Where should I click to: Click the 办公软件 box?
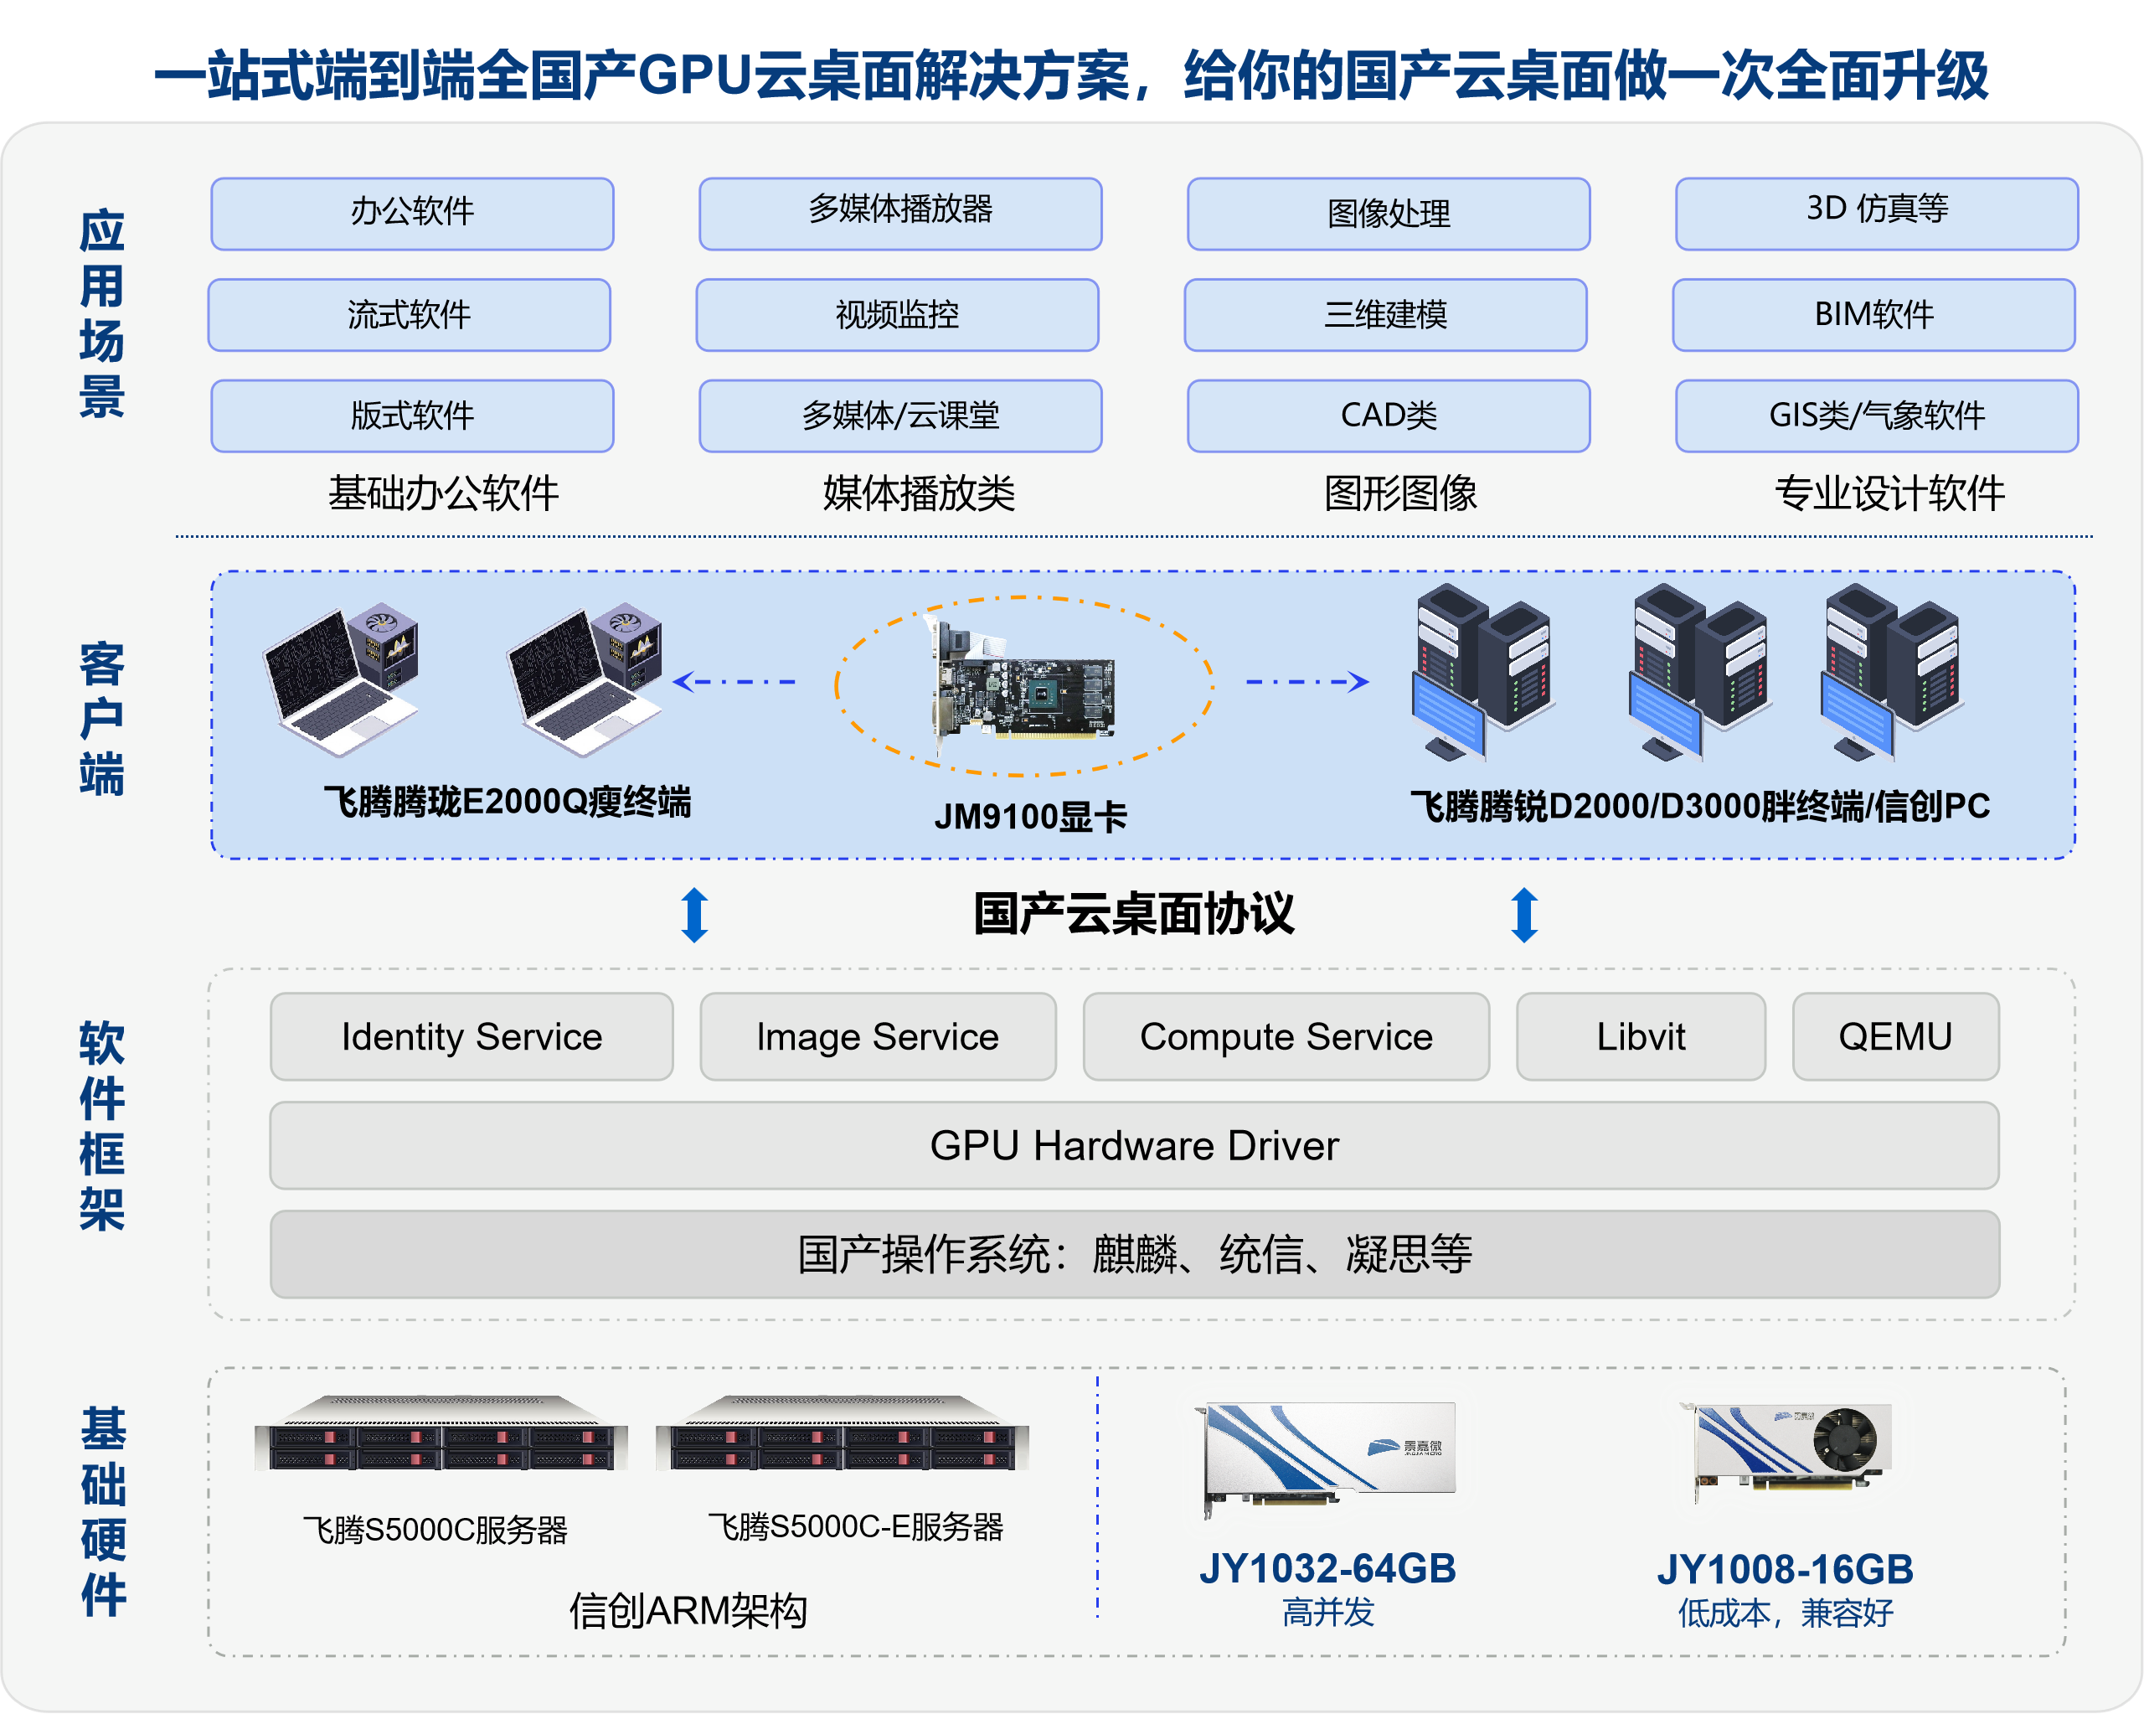412,214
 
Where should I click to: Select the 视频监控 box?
897,314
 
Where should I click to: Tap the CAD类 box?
1389,416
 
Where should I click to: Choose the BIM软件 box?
1873,314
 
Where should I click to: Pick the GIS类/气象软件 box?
1877,416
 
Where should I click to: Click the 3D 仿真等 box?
1877,214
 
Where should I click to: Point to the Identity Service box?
472,1036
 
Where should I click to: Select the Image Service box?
878,1036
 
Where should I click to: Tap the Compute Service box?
1286,1036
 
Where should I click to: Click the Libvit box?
1641,1036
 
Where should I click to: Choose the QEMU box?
1895,1036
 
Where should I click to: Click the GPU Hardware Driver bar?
1135,1145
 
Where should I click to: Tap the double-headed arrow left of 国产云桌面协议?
694,914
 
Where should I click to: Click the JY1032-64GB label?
1327,1569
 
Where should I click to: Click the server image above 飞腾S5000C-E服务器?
843,1433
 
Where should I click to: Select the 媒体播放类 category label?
919,493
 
